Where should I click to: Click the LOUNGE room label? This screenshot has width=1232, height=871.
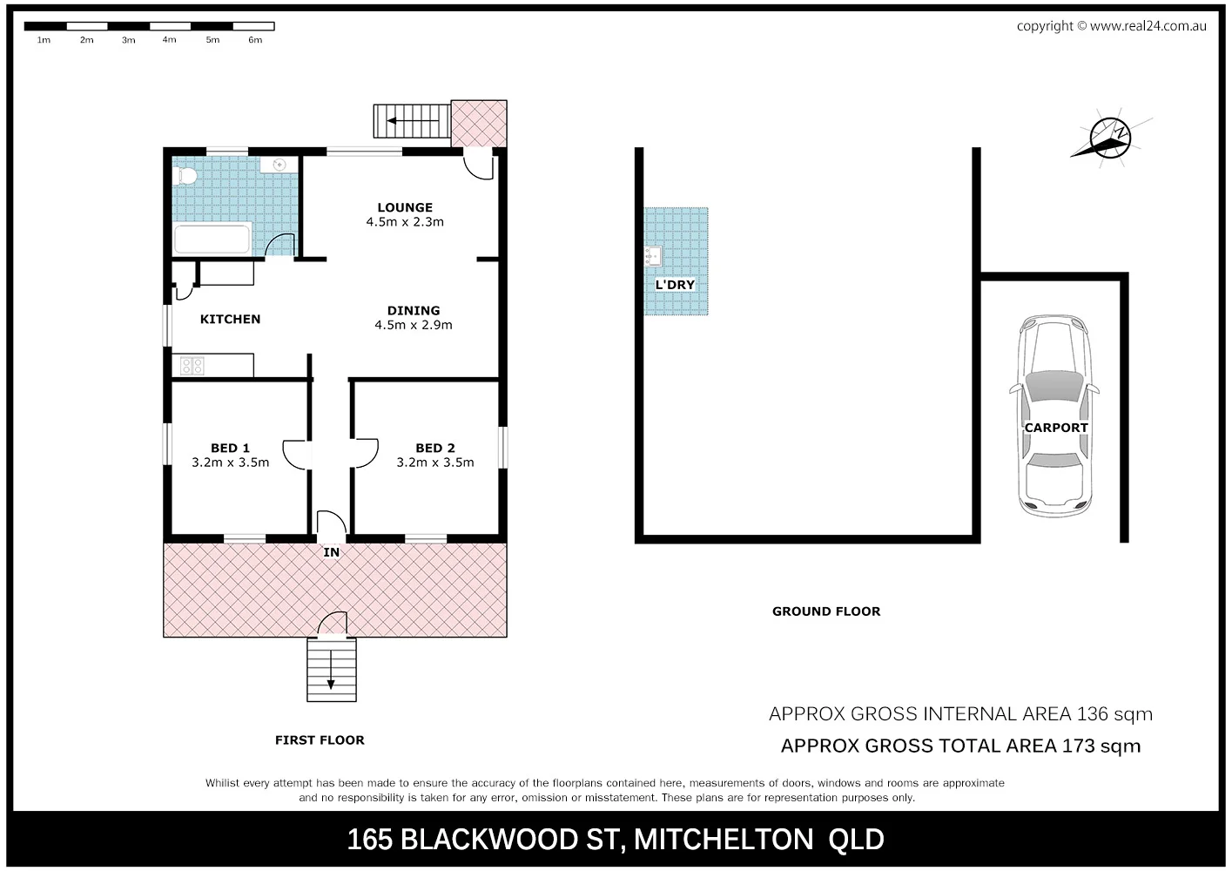click(x=405, y=207)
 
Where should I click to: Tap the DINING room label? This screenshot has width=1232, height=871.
click(x=414, y=310)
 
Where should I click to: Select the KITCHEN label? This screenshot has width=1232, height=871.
click(x=230, y=320)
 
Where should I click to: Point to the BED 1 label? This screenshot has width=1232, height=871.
click(x=230, y=448)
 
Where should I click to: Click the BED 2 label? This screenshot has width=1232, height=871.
click(x=435, y=448)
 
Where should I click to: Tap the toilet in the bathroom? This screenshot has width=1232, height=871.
click(x=185, y=177)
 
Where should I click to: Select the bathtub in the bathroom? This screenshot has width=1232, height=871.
click(x=212, y=239)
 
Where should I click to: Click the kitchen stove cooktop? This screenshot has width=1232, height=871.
click(x=192, y=366)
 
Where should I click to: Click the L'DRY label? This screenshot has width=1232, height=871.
click(x=675, y=285)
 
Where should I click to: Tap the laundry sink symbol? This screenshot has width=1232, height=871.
click(x=653, y=256)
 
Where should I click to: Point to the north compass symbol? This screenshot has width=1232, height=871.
click(x=1109, y=138)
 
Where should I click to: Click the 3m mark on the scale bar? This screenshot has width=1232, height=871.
click(x=129, y=40)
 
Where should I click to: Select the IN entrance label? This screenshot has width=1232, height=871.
click(x=332, y=552)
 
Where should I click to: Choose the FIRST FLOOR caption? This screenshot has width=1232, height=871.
click(x=320, y=740)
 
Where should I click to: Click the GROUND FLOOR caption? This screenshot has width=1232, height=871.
click(x=826, y=611)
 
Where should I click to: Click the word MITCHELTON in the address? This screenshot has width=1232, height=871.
click(x=724, y=840)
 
